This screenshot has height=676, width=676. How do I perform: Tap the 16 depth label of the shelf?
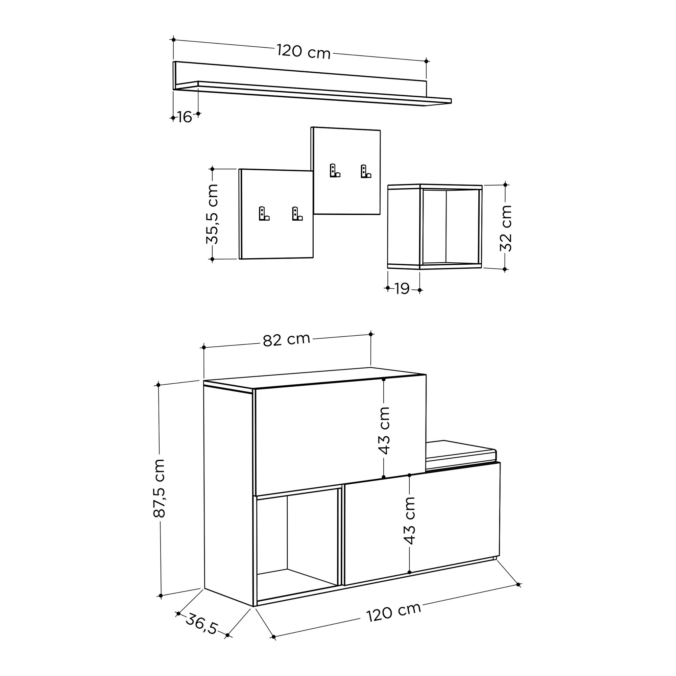coord(185,117)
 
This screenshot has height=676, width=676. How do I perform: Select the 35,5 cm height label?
coord(212,214)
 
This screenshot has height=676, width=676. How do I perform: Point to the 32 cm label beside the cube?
coord(506,228)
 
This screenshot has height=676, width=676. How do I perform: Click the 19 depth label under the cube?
coord(402,289)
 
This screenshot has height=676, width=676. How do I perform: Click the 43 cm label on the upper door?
coord(384,430)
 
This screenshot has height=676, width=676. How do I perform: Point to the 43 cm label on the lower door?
coord(409,520)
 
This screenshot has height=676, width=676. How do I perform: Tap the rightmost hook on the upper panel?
coord(365,171)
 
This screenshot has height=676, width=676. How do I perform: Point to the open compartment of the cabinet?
coord(297,540)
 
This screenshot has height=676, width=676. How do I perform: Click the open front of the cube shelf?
coord(450,226)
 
